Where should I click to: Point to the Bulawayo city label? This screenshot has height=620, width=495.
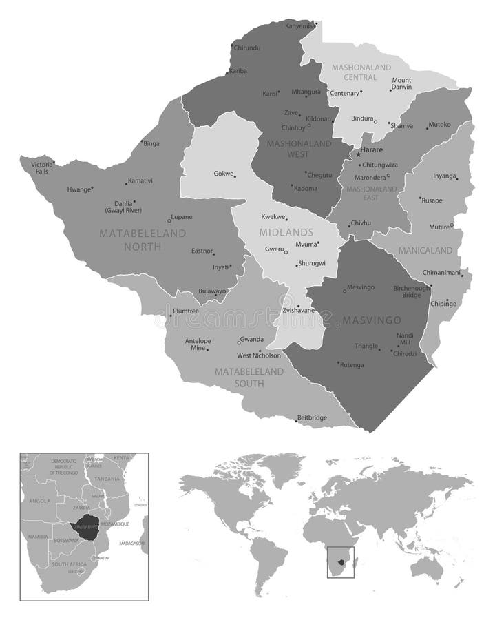[211, 291]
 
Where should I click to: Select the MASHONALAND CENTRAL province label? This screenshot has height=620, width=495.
[361, 72]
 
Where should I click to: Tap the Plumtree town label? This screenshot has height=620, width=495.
[185, 311]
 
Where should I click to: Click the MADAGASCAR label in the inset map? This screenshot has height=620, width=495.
[131, 544]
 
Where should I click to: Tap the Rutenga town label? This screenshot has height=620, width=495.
[351, 364]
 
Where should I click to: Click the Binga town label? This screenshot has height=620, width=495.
[151, 143]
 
